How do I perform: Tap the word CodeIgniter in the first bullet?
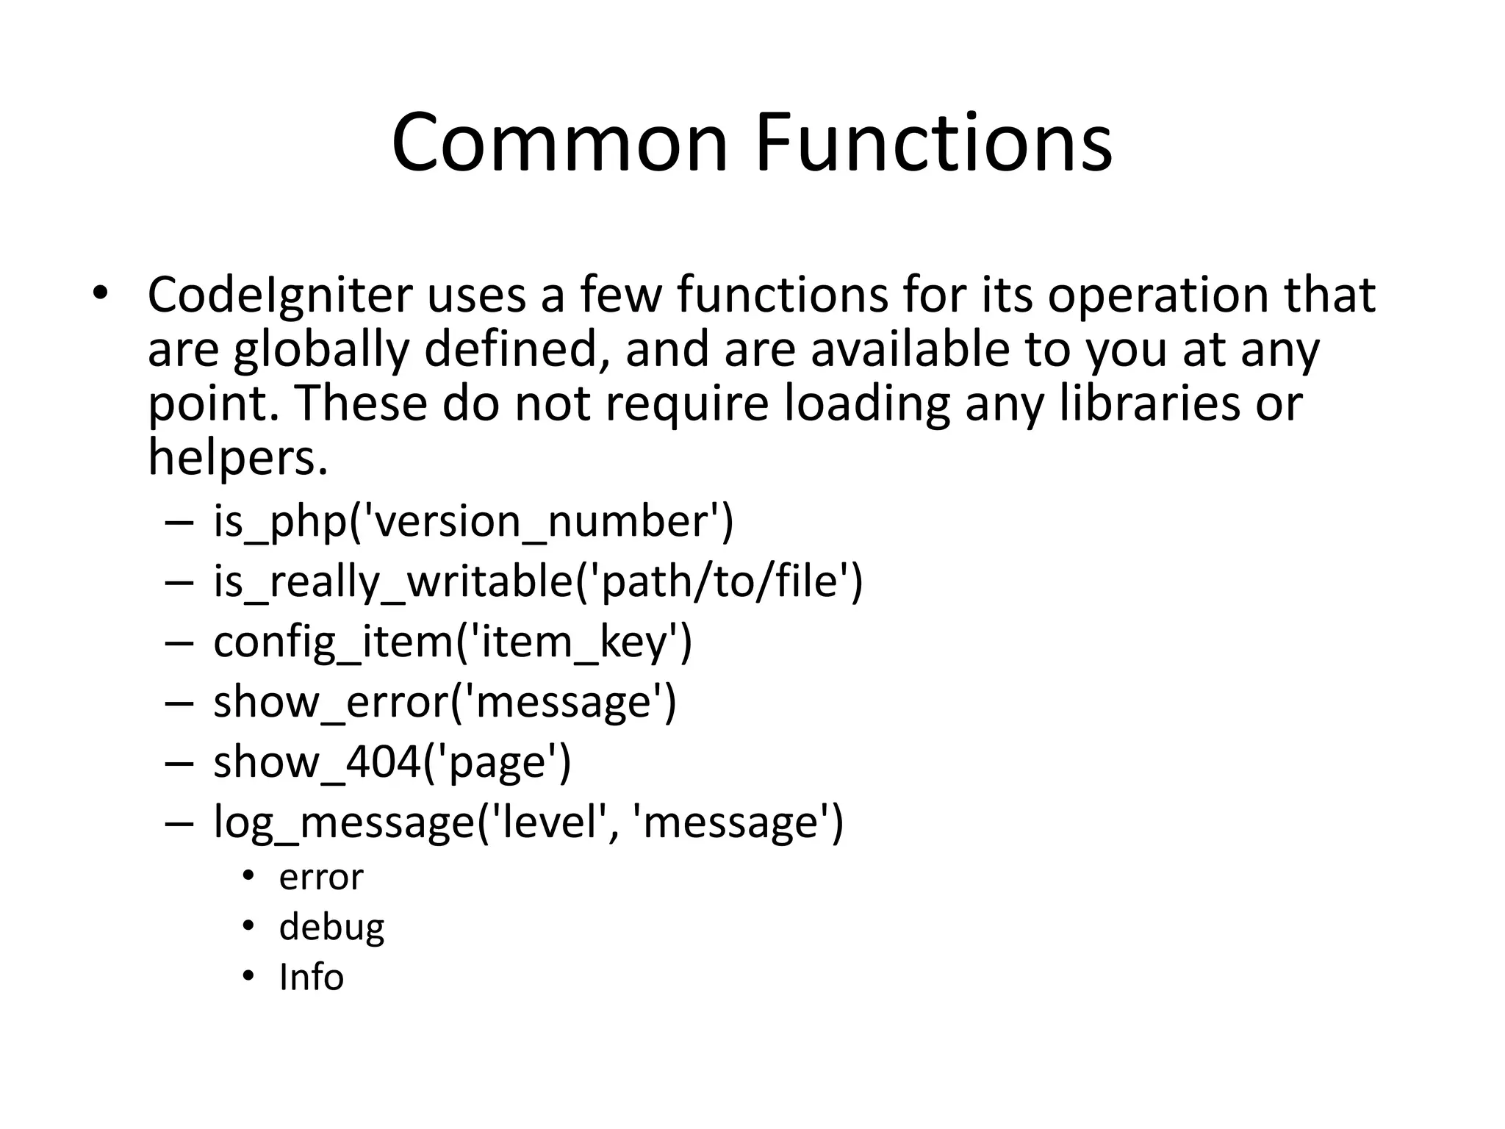click(280, 295)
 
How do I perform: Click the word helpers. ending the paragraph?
click(237, 457)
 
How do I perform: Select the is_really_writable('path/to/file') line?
click(538, 581)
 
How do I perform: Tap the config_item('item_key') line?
click(453, 642)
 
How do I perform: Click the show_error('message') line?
click(445, 702)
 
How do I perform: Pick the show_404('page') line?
click(392, 762)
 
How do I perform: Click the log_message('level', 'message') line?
click(528, 822)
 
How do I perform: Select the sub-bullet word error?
click(321, 878)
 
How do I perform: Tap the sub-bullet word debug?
click(331, 928)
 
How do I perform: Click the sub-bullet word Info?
click(312, 978)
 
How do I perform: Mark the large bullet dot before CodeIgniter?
click(100, 293)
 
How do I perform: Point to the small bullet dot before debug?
click(248, 925)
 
